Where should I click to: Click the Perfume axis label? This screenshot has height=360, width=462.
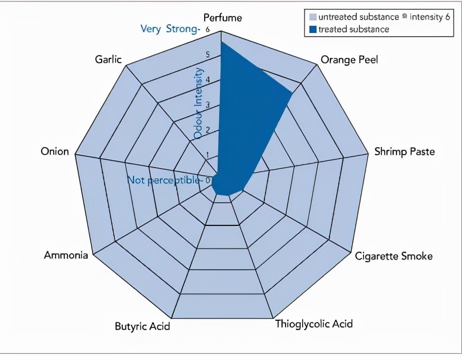click(x=222, y=18)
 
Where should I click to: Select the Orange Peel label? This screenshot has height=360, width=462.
click(x=349, y=60)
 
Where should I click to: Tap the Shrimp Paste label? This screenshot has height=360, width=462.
click(x=404, y=152)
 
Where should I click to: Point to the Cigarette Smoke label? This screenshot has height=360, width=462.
click(x=393, y=256)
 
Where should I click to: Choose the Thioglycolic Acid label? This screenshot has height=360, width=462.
click(x=313, y=324)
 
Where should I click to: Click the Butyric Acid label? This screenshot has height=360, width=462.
click(x=142, y=326)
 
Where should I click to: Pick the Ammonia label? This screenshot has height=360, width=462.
click(x=65, y=255)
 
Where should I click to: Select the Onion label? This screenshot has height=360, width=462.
click(x=55, y=152)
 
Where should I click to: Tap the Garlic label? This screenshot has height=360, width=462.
click(x=108, y=59)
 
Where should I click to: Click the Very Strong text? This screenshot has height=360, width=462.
click(x=169, y=29)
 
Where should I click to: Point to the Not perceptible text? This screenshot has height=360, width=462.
click(x=162, y=181)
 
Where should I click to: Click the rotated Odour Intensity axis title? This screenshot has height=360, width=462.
click(x=199, y=103)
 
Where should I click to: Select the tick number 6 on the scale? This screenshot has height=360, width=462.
click(x=207, y=29)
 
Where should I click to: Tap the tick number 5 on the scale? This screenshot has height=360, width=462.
click(x=207, y=55)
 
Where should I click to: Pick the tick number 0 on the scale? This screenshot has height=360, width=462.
click(x=207, y=180)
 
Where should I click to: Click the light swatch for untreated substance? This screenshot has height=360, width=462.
click(x=312, y=17)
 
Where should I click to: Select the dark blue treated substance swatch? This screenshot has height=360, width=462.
click(x=312, y=29)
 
